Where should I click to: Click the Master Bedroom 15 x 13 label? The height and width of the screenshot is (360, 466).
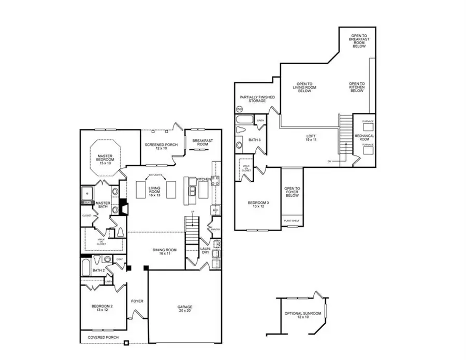tap(102, 160)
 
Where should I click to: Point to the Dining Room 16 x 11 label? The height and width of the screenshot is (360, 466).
tap(165, 252)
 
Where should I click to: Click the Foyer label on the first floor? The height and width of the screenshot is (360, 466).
tap(137, 301)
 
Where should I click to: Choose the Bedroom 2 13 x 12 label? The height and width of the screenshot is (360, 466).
tap(102, 308)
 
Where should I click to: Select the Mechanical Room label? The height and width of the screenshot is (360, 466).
tap(364, 137)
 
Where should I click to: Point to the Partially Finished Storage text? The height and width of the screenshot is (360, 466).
tap(257, 99)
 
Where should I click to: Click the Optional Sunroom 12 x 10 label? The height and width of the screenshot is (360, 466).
tap(303, 315)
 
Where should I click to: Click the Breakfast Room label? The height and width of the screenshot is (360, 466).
tap(202, 142)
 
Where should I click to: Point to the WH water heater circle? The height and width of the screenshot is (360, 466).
tap(239, 109)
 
